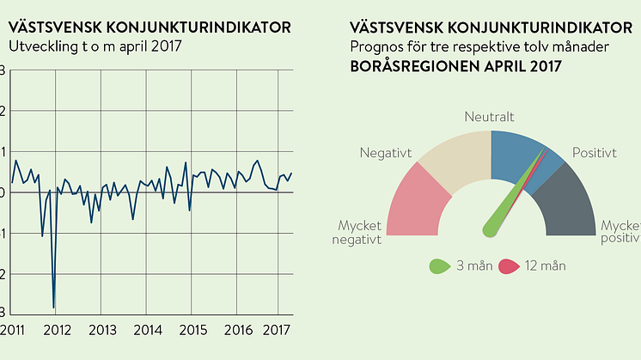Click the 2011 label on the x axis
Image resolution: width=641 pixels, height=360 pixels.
coord(12,330)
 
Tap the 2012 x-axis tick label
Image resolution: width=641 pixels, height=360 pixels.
coord(57,330)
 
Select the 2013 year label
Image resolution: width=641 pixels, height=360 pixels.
coord(102,330)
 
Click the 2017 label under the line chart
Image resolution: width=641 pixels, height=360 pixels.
coord(277,330)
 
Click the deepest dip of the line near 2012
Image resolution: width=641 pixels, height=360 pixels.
coord(53,307)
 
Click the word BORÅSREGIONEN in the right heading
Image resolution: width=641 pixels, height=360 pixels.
coord(410,64)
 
